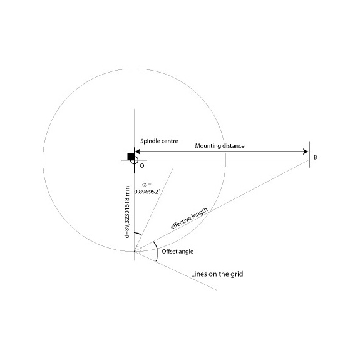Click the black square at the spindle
[x=131, y=157]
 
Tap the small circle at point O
[x=135, y=160]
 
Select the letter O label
[x=142, y=166]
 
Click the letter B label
[x=315, y=158]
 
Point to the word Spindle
[x=150, y=141]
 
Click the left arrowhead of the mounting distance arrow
[x=138, y=152]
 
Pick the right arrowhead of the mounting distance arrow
[x=306, y=152]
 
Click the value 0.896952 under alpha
[x=147, y=192]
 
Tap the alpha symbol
[x=144, y=185]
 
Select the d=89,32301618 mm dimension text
[x=128, y=212]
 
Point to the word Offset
[x=169, y=252]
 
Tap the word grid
[x=237, y=274]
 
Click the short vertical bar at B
[x=309, y=155]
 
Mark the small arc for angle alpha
[x=137, y=234]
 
